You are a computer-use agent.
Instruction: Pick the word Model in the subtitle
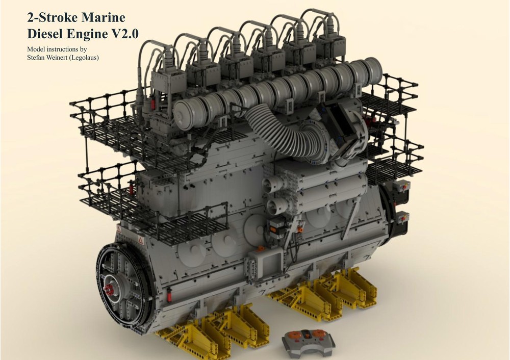pos(37,49)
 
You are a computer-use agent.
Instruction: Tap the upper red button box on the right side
pos(404,187)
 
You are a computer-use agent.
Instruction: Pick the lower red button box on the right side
pos(404,218)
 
